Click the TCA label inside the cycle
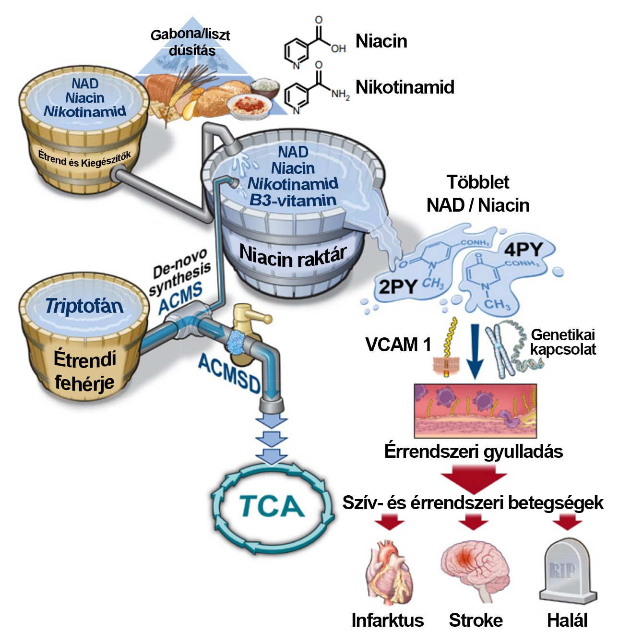[x=272, y=506]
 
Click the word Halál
[x=567, y=620]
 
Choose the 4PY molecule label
[x=523, y=250]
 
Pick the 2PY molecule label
[x=397, y=286]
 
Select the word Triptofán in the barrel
[x=84, y=306]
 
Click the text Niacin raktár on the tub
[x=293, y=256]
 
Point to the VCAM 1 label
[x=398, y=345]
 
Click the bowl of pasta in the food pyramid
[x=247, y=105]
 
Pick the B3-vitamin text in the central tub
[x=293, y=200]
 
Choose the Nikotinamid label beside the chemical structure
[x=405, y=87]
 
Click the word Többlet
[x=478, y=182]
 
